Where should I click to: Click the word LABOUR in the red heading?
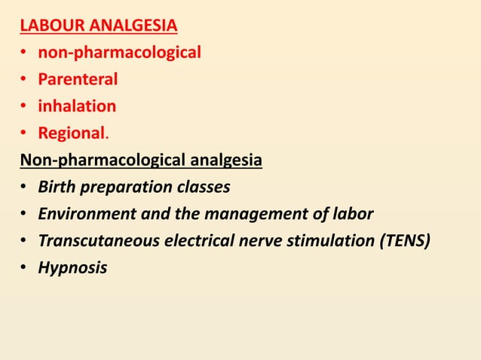point(52,28)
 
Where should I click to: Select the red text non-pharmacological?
point(119,53)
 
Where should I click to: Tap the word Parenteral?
point(78,80)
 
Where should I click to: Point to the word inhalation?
point(77,106)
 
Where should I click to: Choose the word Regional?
point(72,133)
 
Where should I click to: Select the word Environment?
point(87,214)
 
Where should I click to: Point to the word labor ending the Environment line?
point(354,214)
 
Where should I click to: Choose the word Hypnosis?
point(72,268)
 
